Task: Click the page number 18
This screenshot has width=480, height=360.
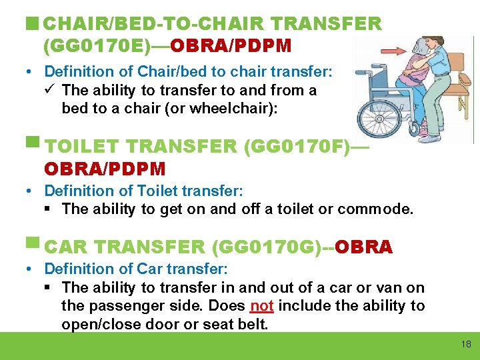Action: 465,345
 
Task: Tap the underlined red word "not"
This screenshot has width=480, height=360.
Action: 261,306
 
